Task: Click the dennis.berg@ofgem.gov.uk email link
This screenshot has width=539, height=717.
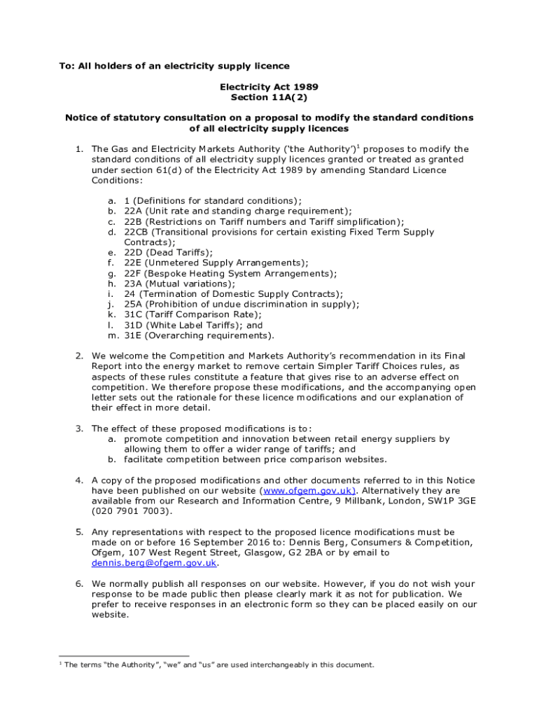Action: tap(154, 563)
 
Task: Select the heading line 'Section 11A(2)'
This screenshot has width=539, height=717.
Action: tap(269, 97)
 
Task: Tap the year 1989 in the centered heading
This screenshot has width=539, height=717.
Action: tap(305, 87)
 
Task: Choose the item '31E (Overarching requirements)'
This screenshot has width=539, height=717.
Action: tap(195, 335)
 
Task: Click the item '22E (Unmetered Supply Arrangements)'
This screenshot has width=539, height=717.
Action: tap(216, 263)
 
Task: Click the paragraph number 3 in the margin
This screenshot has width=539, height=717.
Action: tap(79, 429)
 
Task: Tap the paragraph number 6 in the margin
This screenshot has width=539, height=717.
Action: tap(79, 583)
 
